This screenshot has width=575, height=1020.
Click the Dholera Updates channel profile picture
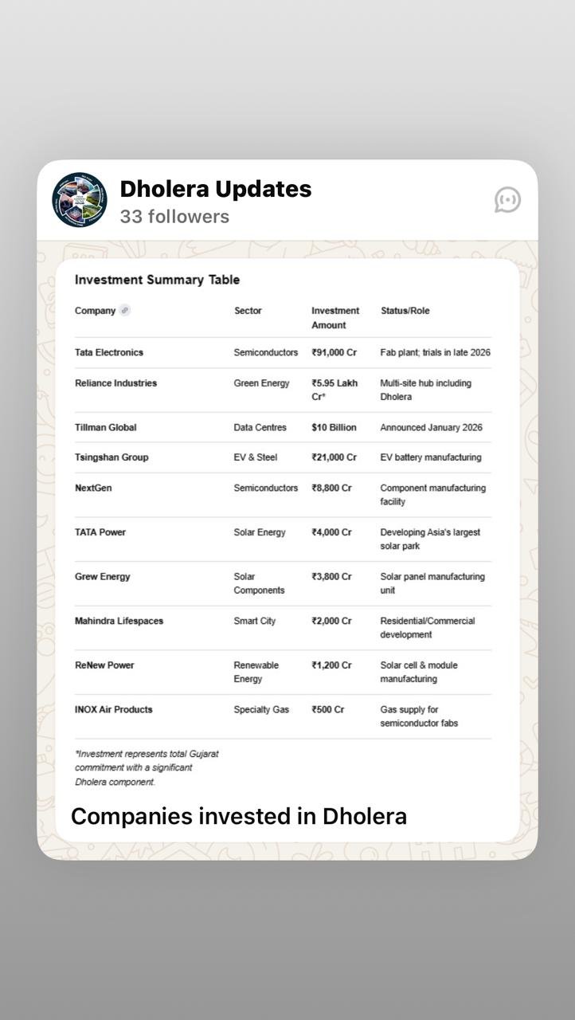tap(79, 200)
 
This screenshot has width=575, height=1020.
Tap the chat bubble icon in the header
tap(507, 200)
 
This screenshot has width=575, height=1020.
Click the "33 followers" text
tap(174, 217)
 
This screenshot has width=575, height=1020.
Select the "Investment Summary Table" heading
tap(157, 280)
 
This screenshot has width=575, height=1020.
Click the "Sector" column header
tap(248, 311)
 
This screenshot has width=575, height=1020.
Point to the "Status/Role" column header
tap(405, 311)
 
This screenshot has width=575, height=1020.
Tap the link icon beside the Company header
tap(125, 311)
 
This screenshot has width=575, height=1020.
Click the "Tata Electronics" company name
tap(109, 352)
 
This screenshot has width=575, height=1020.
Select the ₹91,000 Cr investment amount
tap(334, 352)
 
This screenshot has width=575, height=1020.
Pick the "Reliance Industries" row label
tap(115, 383)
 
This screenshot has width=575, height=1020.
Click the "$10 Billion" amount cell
tap(334, 428)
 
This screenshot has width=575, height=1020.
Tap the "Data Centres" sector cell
tap(260, 428)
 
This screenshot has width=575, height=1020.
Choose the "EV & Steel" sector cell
tap(255, 457)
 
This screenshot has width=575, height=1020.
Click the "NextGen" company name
tap(93, 488)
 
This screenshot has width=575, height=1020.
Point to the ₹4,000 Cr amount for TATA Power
tap(331, 532)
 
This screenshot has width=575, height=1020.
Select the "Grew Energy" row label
tap(102, 577)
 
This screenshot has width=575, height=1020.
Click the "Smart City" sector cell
tap(254, 621)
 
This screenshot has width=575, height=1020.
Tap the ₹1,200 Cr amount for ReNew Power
tap(331, 665)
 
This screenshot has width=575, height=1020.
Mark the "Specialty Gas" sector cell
tap(261, 709)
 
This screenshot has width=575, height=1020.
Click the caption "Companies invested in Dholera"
tap(239, 816)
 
